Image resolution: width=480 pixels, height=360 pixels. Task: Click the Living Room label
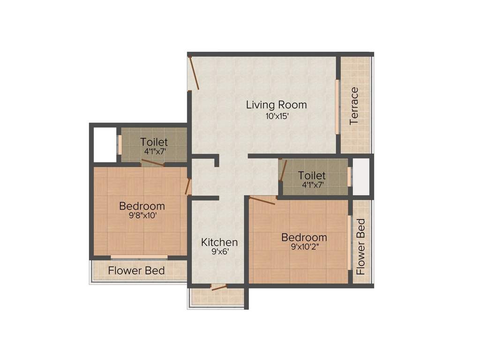click(x=276, y=105)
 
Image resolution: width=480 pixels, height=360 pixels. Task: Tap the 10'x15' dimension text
click(x=276, y=117)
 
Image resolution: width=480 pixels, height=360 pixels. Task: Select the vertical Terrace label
click(x=354, y=106)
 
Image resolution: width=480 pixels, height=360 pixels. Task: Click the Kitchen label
click(x=219, y=242)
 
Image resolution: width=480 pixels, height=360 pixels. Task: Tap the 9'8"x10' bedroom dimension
click(x=142, y=217)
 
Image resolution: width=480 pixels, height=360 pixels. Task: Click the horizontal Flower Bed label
click(x=136, y=271)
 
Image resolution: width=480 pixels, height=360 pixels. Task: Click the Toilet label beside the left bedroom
click(x=154, y=142)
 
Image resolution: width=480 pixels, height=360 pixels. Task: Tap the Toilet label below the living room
click(x=312, y=176)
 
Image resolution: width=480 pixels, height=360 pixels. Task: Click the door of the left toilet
click(x=153, y=163)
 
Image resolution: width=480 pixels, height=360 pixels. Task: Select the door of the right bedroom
click(x=262, y=201)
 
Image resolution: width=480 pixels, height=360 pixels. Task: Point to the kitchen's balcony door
click(x=218, y=287)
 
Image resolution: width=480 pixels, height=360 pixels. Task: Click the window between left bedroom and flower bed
click(x=139, y=257)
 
